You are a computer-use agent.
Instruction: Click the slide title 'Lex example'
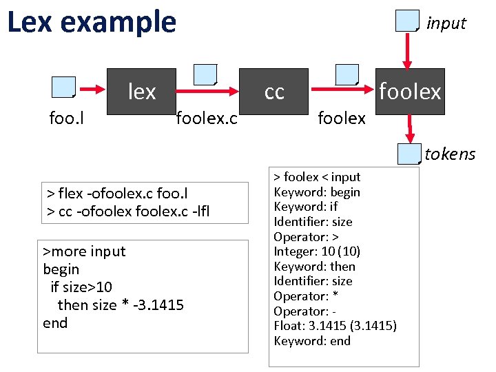click(x=92, y=23)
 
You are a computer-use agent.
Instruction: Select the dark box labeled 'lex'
click(x=141, y=91)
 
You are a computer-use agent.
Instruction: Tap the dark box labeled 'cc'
click(x=274, y=92)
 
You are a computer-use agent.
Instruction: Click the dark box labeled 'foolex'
click(x=410, y=92)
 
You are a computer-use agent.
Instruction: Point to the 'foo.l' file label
click(x=67, y=118)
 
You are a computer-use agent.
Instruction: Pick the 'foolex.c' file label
click(x=207, y=118)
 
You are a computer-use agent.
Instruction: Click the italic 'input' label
click(x=446, y=23)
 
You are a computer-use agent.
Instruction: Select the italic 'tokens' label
click(x=450, y=154)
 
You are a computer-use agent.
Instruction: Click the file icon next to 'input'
click(x=407, y=21)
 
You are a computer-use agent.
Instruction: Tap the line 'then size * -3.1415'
click(x=121, y=304)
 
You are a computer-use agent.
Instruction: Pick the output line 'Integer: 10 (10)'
click(x=317, y=251)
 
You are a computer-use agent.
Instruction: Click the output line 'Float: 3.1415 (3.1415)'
click(x=335, y=326)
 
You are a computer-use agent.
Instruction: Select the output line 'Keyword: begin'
click(x=317, y=192)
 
